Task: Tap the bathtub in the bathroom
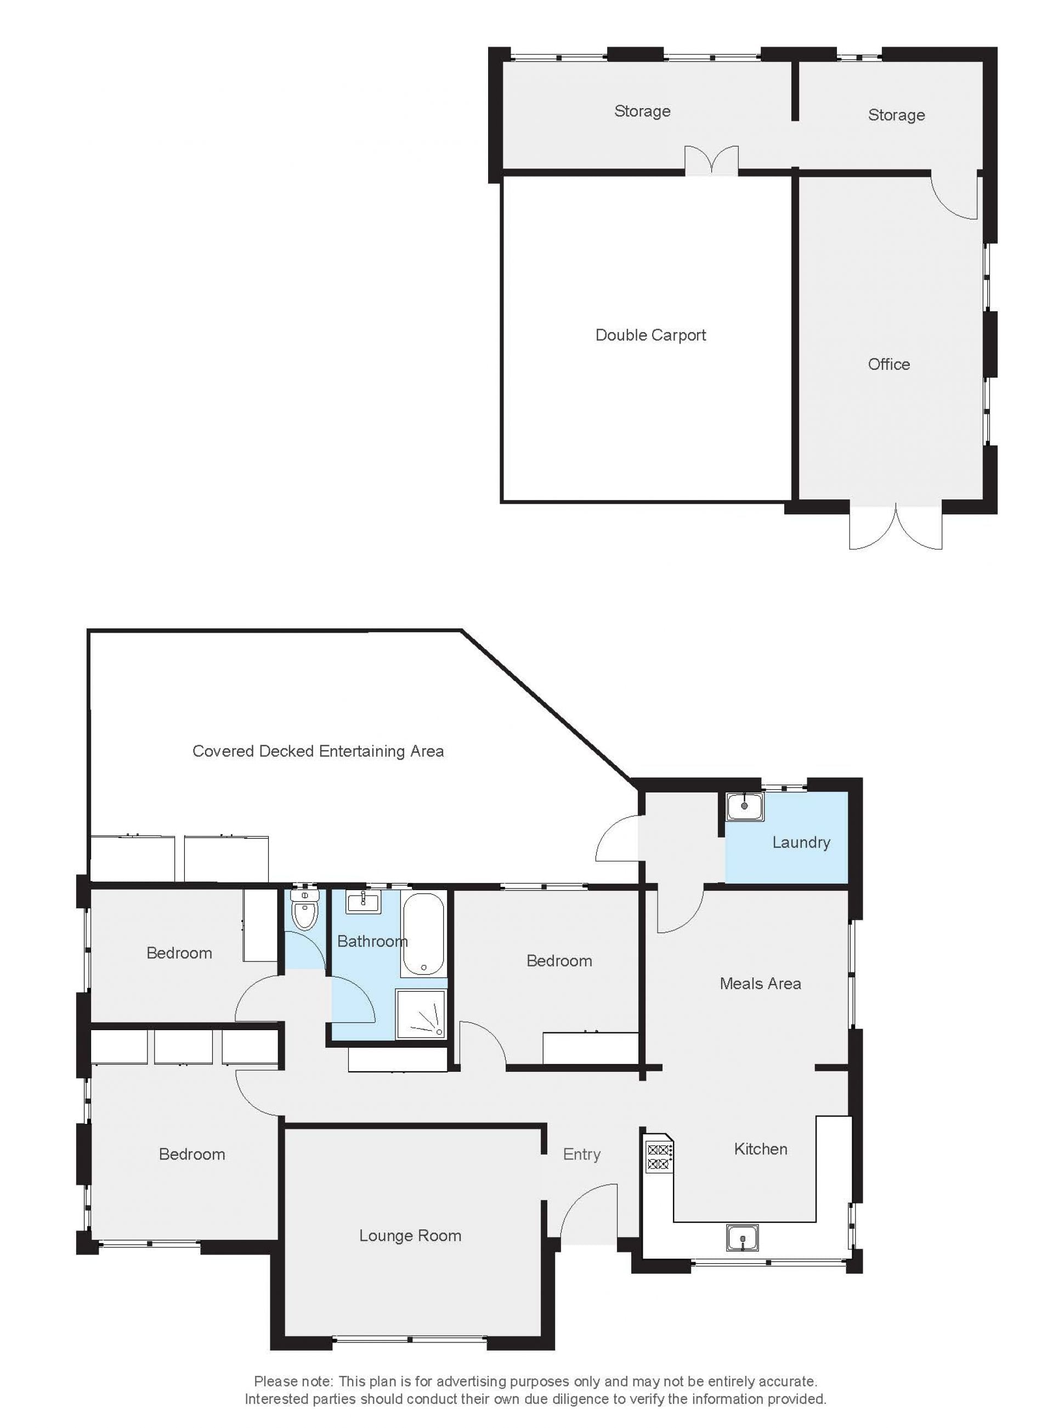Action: (x=424, y=935)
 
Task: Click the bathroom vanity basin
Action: (x=363, y=902)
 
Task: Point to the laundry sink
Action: (x=744, y=806)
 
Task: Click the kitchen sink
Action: (x=743, y=1238)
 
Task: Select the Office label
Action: (x=888, y=364)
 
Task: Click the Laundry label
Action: (x=801, y=842)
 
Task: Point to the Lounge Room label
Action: (x=410, y=1235)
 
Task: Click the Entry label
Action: (x=581, y=1154)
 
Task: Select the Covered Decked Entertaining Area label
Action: (x=318, y=751)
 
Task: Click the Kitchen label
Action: (x=761, y=1149)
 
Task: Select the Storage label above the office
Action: (x=896, y=115)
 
